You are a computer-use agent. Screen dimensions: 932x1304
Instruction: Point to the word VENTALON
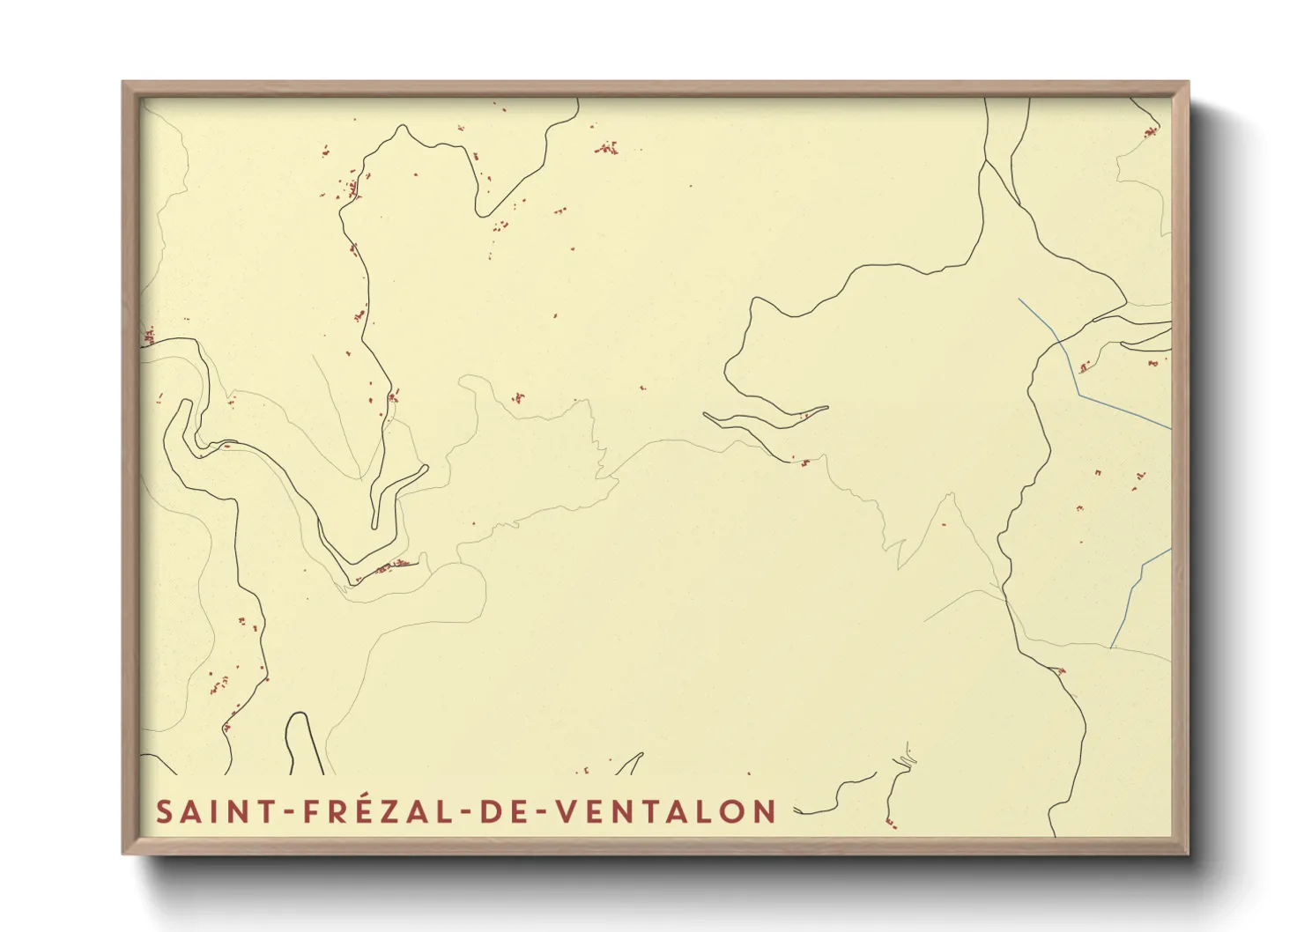[x=666, y=811]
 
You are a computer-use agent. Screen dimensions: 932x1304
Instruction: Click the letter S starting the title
[x=164, y=811]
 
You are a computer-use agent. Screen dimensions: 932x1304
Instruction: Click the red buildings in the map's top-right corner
[x=1150, y=133]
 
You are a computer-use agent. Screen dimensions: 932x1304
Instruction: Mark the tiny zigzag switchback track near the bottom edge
[x=906, y=758]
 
